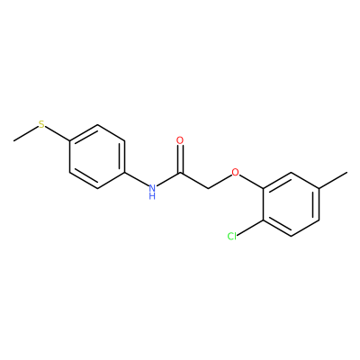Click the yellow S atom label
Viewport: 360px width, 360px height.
coord(41,124)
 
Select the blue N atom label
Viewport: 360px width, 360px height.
coord(152,188)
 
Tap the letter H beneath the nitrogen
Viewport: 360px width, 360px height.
coord(152,196)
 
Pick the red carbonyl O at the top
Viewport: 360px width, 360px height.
coord(180,140)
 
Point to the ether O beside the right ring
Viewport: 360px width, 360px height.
coord(236,172)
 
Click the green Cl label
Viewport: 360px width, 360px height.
coord(232,237)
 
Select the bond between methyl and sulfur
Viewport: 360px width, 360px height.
coord(26,133)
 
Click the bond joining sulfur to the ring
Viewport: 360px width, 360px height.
coord(58,133)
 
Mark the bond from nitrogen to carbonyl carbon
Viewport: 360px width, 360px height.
coord(168,180)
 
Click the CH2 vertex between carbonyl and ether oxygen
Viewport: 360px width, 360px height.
coord(208,188)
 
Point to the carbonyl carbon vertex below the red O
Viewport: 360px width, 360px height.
coord(180,173)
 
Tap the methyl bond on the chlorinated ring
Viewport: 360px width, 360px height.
coord(333,180)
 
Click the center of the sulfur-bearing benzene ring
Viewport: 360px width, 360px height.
coord(96,157)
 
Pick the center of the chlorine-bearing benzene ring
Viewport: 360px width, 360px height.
coord(292,204)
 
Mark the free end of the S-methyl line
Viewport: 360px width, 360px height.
coord(14,140)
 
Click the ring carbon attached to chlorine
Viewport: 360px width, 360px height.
coord(264,220)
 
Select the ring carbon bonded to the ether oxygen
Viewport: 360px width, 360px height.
coord(264,188)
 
